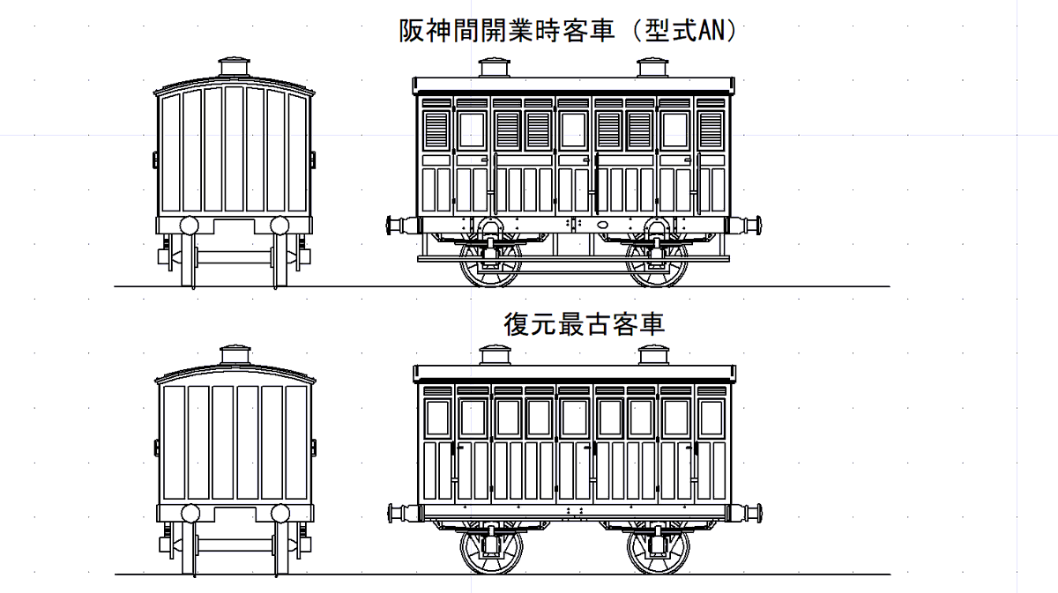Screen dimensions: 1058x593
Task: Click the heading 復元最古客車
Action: coord(584,323)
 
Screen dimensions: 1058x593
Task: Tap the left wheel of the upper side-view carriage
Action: coord(490,262)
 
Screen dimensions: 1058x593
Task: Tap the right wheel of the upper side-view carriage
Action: coord(657,262)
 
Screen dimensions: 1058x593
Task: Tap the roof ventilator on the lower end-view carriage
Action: coord(235,354)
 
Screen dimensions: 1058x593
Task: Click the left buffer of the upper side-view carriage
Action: coord(396,225)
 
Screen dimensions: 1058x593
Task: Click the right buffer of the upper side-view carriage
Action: coord(752,225)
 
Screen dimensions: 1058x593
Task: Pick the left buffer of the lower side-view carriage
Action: coord(396,512)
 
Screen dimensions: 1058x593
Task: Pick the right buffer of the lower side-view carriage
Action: coord(752,512)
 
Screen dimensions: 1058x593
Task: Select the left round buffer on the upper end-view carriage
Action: coord(189,225)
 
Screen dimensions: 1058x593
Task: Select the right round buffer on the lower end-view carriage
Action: coord(280,513)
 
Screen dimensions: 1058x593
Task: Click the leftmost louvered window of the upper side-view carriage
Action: coord(437,130)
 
